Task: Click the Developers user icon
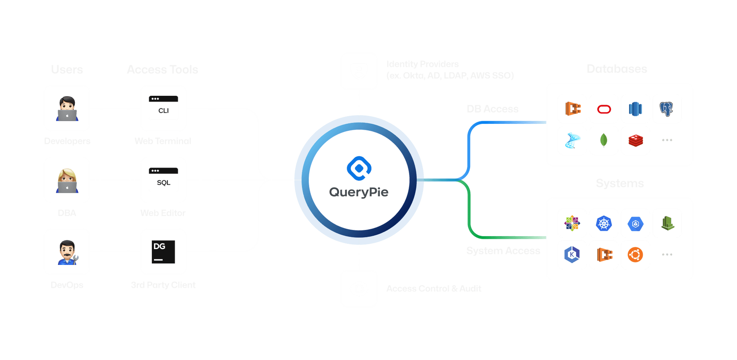click(x=67, y=108)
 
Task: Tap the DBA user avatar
click(x=67, y=180)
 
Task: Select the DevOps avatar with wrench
click(x=67, y=252)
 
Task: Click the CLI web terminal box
click(x=163, y=108)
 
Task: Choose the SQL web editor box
click(x=163, y=180)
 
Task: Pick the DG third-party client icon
click(x=163, y=252)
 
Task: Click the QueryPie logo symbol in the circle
click(x=359, y=168)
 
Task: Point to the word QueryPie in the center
click(x=359, y=192)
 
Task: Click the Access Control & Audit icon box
click(x=359, y=289)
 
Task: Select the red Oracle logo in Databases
click(x=604, y=109)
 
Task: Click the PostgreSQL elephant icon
click(x=667, y=109)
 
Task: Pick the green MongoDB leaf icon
click(x=604, y=140)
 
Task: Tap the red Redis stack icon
click(x=636, y=140)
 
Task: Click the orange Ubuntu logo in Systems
click(x=635, y=255)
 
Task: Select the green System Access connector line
click(x=469, y=214)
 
